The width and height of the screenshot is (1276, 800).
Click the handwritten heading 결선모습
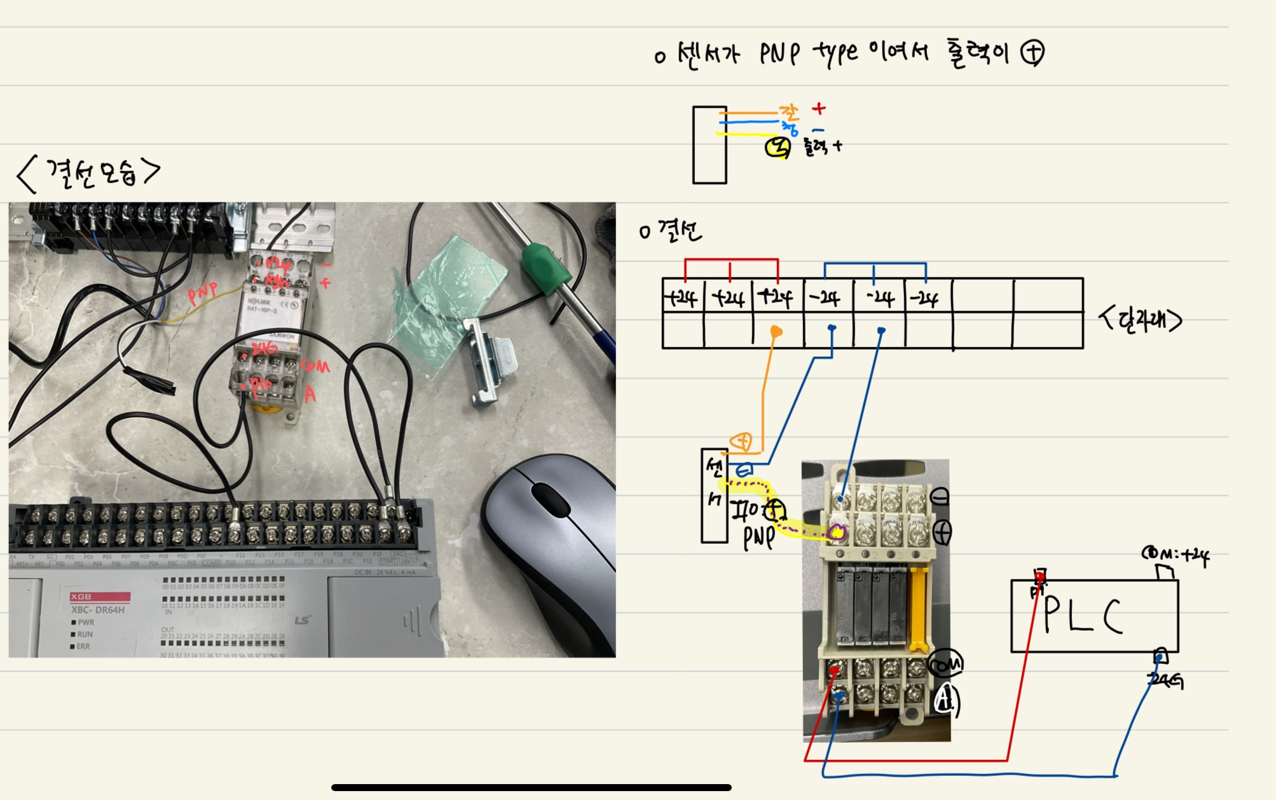tap(89, 173)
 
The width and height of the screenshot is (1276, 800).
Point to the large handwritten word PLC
tap(1084, 616)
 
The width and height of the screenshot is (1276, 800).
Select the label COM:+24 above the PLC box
tap(1176, 555)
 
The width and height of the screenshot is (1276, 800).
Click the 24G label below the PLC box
tap(1165, 681)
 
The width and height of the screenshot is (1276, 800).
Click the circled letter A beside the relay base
tap(946, 700)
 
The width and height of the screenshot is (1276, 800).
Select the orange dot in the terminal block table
tap(776, 331)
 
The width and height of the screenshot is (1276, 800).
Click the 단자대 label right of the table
tap(1141, 320)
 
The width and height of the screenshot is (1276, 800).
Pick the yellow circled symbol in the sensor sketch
tap(778, 148)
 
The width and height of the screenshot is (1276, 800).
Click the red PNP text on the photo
tap(202, 293)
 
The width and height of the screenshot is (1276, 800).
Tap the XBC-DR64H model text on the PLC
tap(98, 610)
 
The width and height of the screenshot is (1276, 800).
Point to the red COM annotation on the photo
tap(315, 366)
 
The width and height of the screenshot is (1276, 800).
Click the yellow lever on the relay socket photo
tap(919, 610)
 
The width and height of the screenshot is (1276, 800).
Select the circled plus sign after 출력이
tap(1032, 52)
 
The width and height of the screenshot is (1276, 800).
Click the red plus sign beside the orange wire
tap(819, 109)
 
